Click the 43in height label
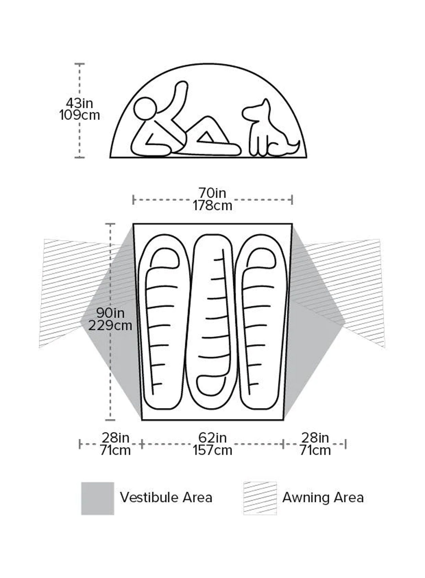pos(80,103)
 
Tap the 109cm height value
pos(80,115)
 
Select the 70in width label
pos(212,193)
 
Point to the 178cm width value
pos(212,205)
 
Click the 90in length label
pos(110,313)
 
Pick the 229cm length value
pos(110,326)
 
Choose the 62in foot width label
pos(212,438)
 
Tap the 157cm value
pos(212,450)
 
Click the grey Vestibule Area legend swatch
pos(97,498)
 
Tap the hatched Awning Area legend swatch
pos(260,498)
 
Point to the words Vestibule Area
pos(166,498)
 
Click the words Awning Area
pos(323,498)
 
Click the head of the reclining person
pos(145,109)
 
